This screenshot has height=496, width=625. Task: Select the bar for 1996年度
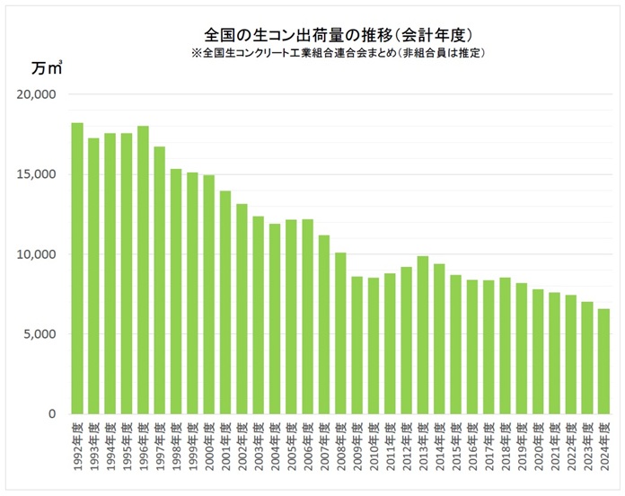tap(143, 270)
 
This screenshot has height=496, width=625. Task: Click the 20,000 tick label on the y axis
tap(37, 94)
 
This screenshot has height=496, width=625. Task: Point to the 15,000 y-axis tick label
tap(37, 174)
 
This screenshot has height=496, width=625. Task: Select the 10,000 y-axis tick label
tap(37, 254)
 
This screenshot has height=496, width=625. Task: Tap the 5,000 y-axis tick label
tap(40, 334)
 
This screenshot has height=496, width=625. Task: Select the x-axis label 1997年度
tap(160, 445)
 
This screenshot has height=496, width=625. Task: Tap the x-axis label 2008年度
tap(340, 445)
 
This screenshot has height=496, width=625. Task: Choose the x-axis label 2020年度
tap(538, 445)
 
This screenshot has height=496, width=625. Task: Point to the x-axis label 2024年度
tap(603, 445)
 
